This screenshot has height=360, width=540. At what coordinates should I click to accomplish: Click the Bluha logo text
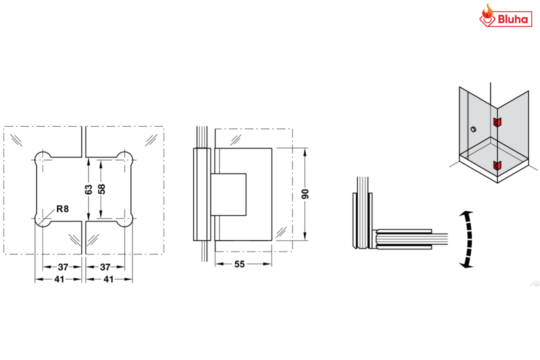pos(513,19)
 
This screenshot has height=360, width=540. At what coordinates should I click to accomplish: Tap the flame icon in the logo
pos(487,11)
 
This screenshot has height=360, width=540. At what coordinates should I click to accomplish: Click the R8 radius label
pos(62,209)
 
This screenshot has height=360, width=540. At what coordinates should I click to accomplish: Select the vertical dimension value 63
pos(88,189)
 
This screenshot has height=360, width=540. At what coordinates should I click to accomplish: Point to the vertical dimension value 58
pos(101,189)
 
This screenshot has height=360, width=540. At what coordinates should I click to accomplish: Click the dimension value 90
pos(305,194)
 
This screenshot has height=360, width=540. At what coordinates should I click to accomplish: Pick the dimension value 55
pos(239,264)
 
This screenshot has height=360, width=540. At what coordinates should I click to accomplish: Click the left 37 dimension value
pos(63,267)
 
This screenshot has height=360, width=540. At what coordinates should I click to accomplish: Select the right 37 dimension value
pos(105,267)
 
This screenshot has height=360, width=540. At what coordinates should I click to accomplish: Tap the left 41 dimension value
pos(59,279)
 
